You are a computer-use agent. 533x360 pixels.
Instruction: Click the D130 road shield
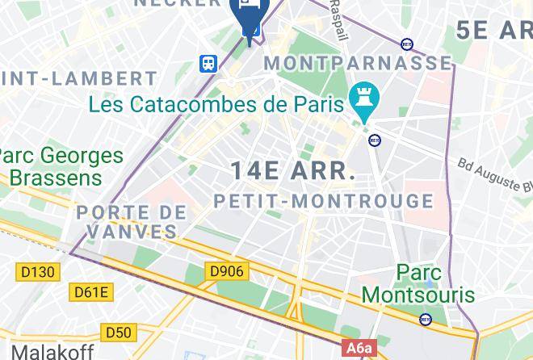click(x=38, y=272)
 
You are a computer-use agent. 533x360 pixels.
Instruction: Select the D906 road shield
click(x=226, y=271)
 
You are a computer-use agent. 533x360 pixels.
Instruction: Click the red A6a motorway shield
click(x=360, y=349)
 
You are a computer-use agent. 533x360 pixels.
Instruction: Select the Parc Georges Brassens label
click(x=61, y=166)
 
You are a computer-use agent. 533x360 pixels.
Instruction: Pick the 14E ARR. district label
click(x=293, y=171)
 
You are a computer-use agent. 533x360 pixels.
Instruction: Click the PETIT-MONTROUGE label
click(x=324, y=201)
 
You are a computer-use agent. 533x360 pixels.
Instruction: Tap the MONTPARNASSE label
click(x=358, y=63)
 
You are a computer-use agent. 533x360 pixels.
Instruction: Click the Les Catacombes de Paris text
click(x=216, y=104)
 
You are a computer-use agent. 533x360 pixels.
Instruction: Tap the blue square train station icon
click(x=210, y=63)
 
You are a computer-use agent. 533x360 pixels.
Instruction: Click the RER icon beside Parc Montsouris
click(x=426, y=319)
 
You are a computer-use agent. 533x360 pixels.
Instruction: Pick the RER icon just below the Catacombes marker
click(x=375, y=140)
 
